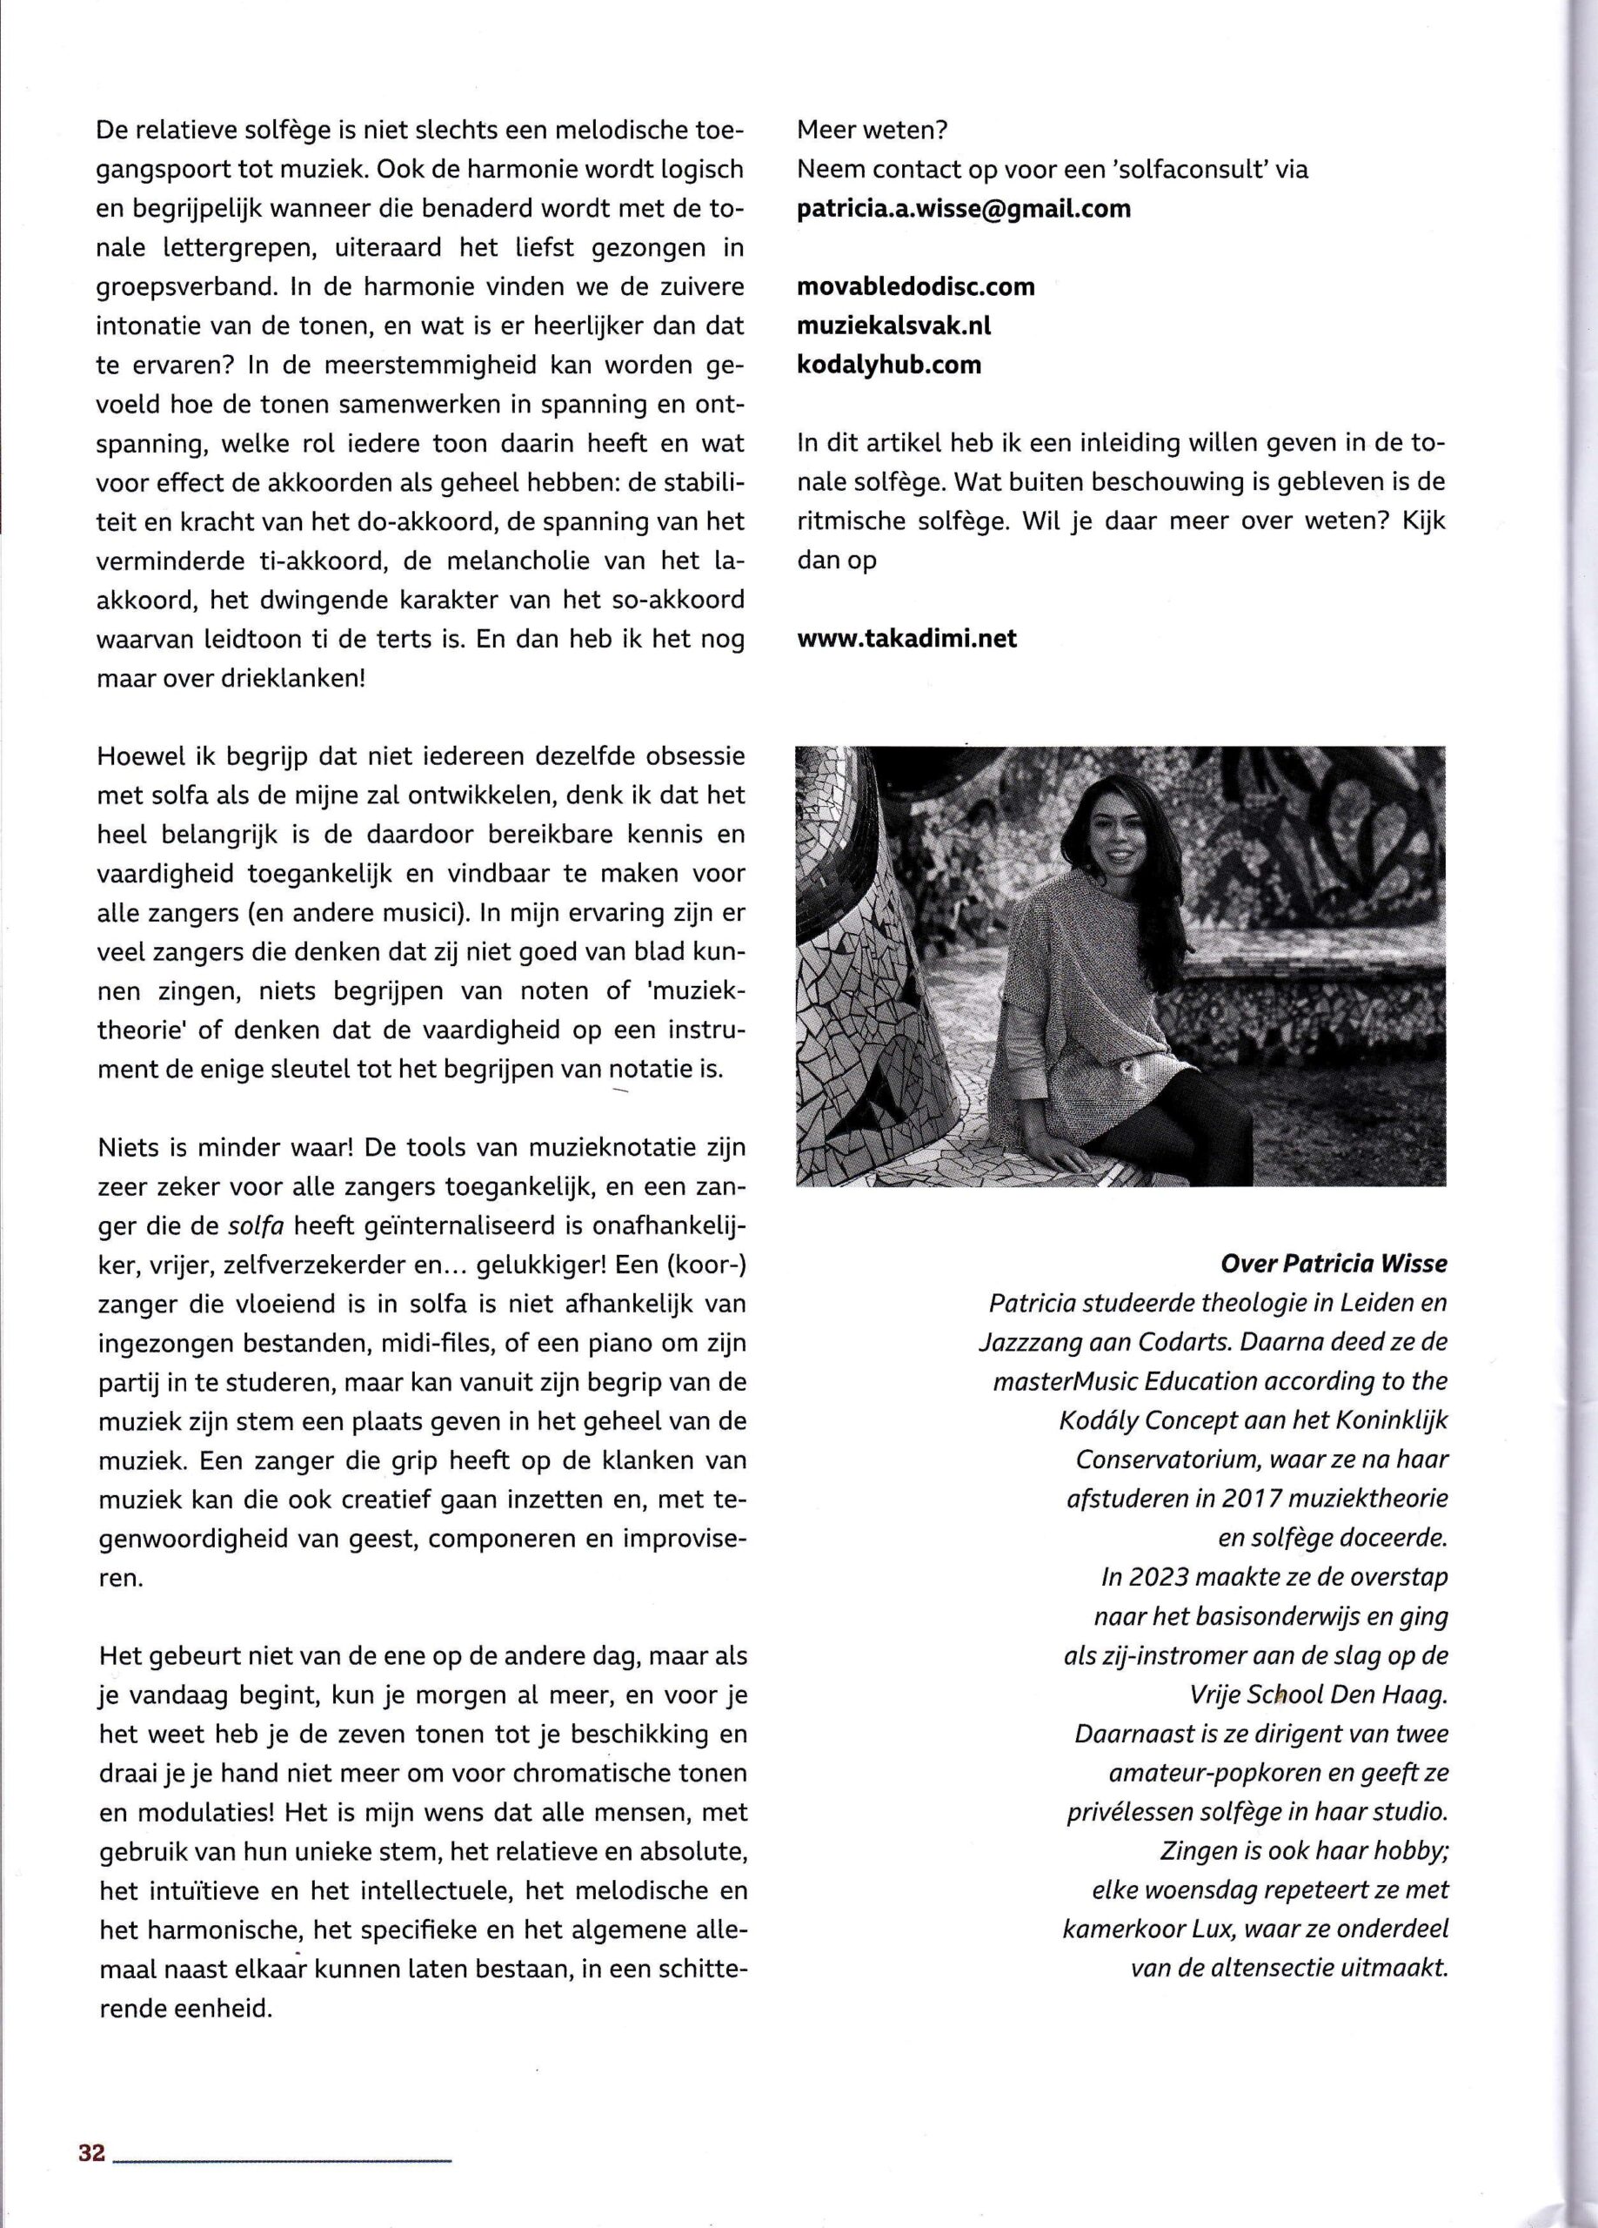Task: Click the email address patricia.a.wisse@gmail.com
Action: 964,208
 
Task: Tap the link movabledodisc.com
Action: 915,287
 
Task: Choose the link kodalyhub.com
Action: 889,365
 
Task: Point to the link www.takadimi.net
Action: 906,639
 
